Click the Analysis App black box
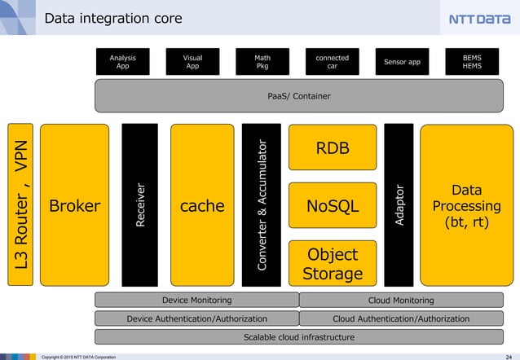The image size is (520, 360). click(122, 62)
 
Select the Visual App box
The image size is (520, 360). click(192, 62)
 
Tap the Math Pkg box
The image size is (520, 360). click(262, 62)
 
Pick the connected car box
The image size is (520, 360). click(332, 62)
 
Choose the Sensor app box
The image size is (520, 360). click(402, 62)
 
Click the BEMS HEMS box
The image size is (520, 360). click(472, 62)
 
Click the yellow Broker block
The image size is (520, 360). click(74, 205)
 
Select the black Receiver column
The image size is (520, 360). click(140, 205)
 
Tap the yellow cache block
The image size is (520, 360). click(201, 205)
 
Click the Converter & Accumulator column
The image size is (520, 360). click(262, 205)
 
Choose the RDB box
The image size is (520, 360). click(333, 148)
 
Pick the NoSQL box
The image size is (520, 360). click(333, 206)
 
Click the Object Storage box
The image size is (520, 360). click(333, 263)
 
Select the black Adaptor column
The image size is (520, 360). click(399, 205)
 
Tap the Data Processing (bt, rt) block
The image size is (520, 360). click(466, 205)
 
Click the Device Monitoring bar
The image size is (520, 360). click(196, 301)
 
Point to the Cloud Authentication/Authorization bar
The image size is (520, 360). click(401, 318)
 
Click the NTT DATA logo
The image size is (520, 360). click(479, 19)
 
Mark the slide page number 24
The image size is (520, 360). click(508, 356)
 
